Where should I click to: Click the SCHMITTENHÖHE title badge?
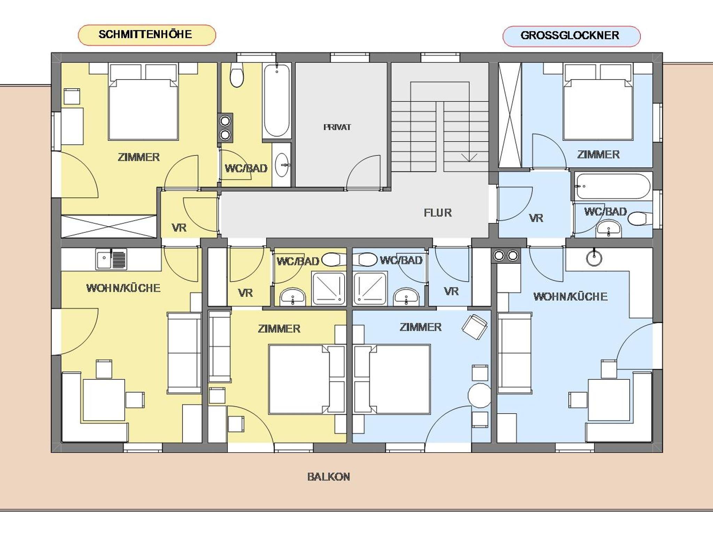pyautogui.click(x=147, y=35)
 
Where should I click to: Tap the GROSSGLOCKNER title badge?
pyautogui.click(x=571, y=36)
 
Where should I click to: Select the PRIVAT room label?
pyautogui.click(x=337, y=127)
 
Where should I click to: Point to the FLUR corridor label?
pyautogui.click(x=438, y=213)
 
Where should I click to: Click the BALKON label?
pyautogui.click(x=329, y=477)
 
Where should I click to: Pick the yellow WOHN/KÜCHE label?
pyautogui.click(x=123, y=288)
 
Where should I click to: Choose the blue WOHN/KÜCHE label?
pyautogui.click(x=571, y=296)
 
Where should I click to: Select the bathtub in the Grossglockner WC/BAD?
pyautogui.click(x=613, y=186)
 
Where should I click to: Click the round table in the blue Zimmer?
pyautogui.click(x=479, y=396)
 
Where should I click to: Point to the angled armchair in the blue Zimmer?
pyautogui.click(x=474, y=327)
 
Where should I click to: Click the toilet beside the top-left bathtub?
pyautogui.click(x=237, y=75)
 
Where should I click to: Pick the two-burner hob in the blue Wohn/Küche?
pyautogui.click(x=506, y=256)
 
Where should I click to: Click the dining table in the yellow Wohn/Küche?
pyautogui.click(x=104, y=400)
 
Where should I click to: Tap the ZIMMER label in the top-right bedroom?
pyautogui.click(x=598, y=154)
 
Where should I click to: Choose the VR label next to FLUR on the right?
pyautogui.click(x=536, y=218)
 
